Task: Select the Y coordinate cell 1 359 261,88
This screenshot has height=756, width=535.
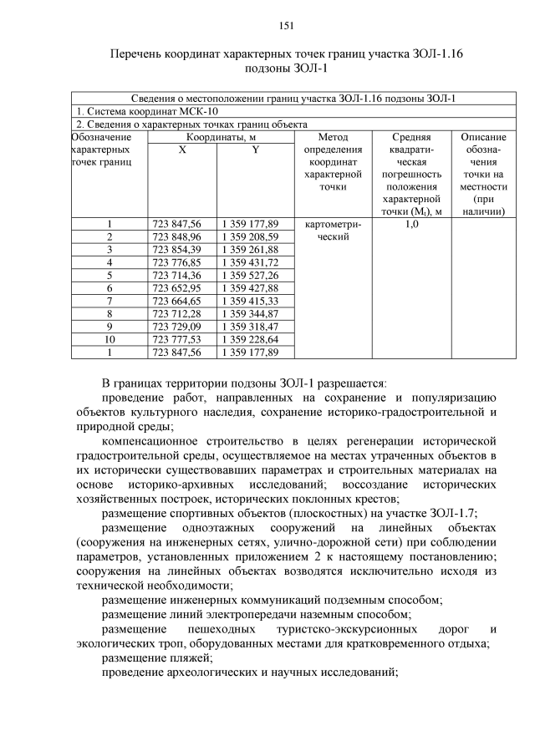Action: (250, 249)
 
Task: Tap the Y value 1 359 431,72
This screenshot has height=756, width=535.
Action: (250, 262)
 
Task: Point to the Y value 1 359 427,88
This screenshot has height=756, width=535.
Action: (250, 287)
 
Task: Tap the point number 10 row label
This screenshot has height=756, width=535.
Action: (109, 339)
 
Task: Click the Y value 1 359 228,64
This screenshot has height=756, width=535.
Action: (250, 339)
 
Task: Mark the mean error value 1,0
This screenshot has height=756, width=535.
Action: (410, 224)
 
